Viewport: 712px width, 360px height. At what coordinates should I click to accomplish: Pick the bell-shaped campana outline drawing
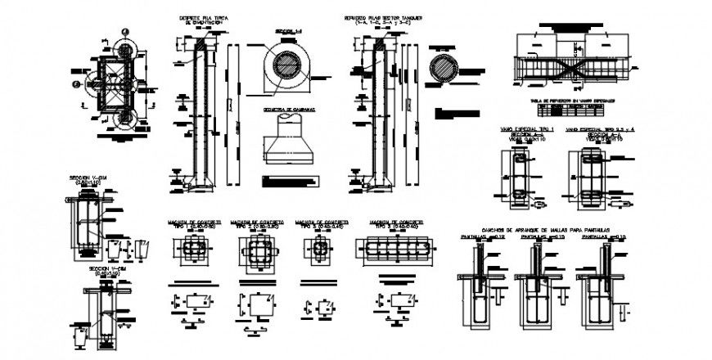click(287, 140)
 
